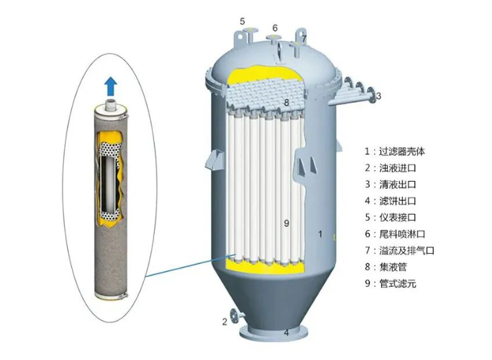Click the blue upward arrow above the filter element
coord(111,86)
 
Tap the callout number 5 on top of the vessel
coord(243,22)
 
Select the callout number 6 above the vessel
coord(275,28)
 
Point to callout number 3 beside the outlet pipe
coord(379,96)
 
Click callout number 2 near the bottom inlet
coord(225,322)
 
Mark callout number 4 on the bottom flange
coord(286,333)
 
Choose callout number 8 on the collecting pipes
coord(286,102)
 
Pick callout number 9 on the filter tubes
coord(286,223)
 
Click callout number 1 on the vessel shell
coord(320,234)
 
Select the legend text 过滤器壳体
coord(402,152)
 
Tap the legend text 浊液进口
coord(397,168)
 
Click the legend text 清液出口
coord(397,184)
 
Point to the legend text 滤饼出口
coord(397,201)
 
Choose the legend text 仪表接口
coord(397,217)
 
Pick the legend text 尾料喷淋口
coord(402,234)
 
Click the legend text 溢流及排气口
coord(406,250)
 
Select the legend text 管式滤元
coord(397,283)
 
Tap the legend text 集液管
coord(393,267)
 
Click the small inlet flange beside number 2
coord(234,316)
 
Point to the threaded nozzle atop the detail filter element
coord(111,104)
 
